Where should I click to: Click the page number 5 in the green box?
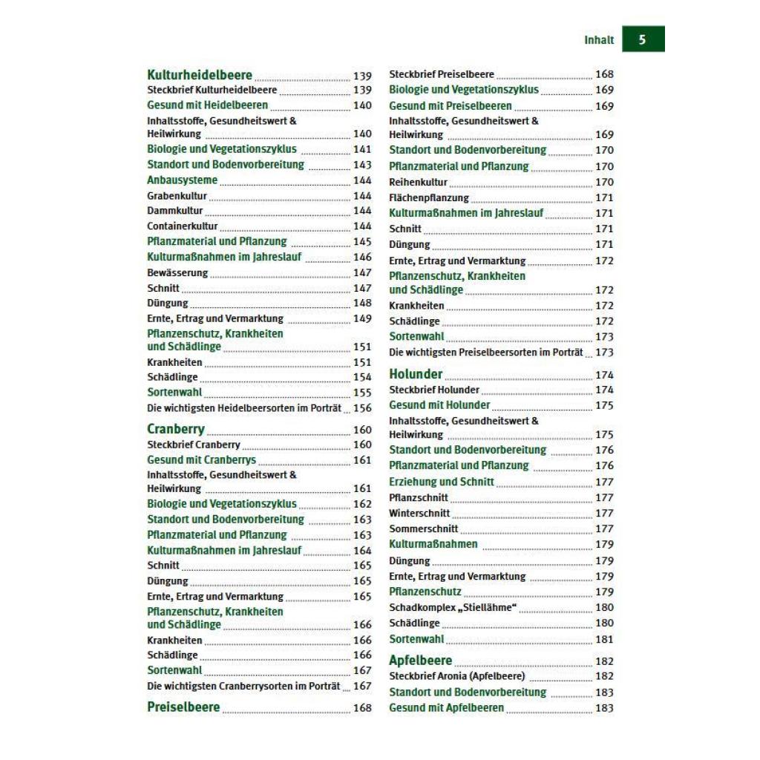[642, 39]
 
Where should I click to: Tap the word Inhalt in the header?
[599, 40]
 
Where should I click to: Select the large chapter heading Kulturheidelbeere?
[200, 75]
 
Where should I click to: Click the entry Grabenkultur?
[177, 196]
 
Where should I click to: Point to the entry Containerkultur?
[183, 226]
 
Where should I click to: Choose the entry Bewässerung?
[177, 272]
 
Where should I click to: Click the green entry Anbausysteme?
[183, 180]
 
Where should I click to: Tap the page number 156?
[362, 408]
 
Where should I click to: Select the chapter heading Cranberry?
[176, 430]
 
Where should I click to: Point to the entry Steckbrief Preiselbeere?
[442, 74]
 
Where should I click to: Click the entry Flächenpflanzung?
[429, 198]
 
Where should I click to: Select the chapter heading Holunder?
[416, 374]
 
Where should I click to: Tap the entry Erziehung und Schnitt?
[442, 482]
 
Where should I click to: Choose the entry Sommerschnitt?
[424, 529]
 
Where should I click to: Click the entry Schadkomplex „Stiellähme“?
[453, 608]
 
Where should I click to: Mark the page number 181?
[604, 639]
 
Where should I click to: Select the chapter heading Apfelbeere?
[420, 661]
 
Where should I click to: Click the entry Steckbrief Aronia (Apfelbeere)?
[456, 676]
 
